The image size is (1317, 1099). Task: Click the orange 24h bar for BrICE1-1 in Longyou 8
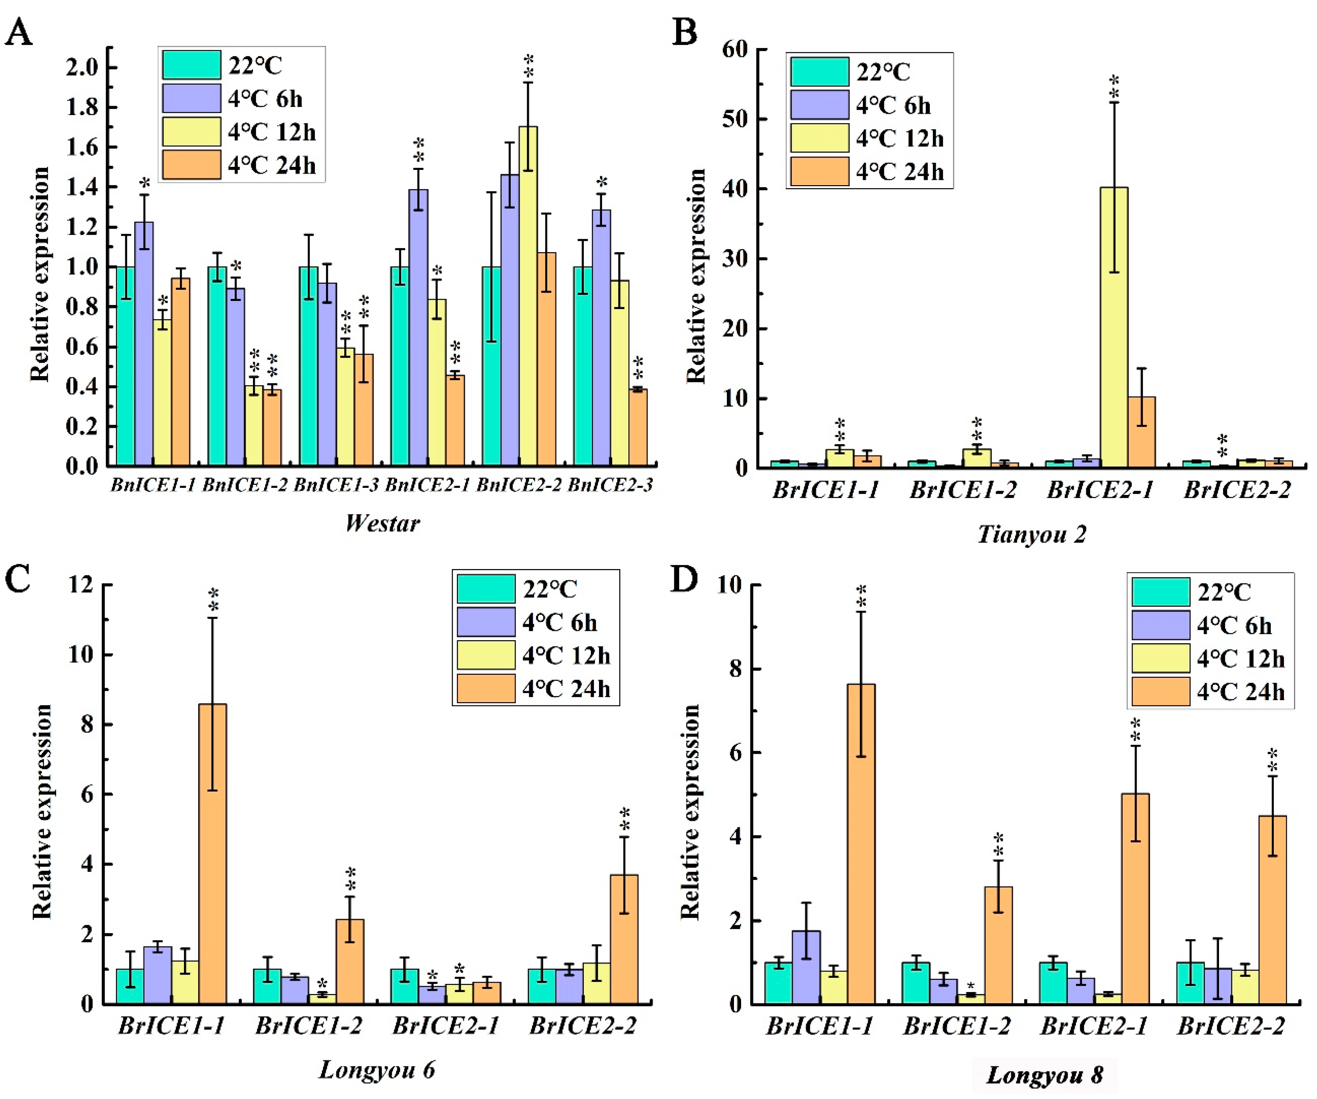861,843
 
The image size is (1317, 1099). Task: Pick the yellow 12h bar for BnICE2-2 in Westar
528,295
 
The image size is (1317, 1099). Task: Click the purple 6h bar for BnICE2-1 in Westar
418,326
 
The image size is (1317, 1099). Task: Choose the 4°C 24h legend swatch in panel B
819,172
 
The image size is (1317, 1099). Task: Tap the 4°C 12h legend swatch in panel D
1160,658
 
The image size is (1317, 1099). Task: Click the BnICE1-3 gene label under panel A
336,485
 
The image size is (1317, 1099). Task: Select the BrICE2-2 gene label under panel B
1237,490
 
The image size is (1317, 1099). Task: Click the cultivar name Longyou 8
1044,1074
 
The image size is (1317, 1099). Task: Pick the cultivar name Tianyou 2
1032,534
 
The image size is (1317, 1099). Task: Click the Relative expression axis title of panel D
690,812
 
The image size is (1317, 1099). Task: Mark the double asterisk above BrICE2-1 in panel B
1114,88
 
